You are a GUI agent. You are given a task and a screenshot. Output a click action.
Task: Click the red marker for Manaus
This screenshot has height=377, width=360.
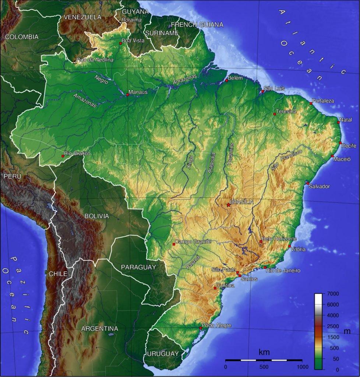[x=127, y=95]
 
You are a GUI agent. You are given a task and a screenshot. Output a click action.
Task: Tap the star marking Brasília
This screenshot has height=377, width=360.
[x=228, y=205]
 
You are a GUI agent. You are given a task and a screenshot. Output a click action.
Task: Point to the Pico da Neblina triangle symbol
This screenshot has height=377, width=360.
[x=75, y=62]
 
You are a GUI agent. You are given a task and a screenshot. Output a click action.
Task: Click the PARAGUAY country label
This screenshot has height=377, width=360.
[x=138, y=267]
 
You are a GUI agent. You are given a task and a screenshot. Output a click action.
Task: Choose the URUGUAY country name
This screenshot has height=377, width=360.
[x=163, y=354]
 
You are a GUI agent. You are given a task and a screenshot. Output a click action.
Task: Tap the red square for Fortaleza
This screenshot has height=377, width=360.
[x=311, y=103]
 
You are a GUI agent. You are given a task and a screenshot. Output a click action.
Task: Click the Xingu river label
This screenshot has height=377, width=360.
[x=189, y=162]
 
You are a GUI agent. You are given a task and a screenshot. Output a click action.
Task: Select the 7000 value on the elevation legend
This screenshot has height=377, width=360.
[x=333, y=294]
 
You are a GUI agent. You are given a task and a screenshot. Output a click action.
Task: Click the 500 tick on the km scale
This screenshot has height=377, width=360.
[x=264, y=367]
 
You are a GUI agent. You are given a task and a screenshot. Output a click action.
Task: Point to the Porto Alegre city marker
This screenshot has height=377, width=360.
[x=201, y=328]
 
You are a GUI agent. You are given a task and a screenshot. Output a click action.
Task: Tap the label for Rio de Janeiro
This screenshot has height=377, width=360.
[x=283, y=271]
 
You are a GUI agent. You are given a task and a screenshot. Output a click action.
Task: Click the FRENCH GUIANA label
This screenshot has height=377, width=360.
[x=197, y=25]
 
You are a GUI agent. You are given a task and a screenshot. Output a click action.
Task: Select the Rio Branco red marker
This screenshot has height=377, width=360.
[x=63, y=156]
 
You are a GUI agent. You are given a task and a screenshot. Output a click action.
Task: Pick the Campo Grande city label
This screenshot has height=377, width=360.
[x=193, y=242]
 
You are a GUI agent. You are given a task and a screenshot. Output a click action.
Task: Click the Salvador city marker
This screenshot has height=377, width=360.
[x=307, y=183]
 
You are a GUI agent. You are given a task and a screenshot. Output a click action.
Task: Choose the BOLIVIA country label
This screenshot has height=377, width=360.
[x=97, y=216]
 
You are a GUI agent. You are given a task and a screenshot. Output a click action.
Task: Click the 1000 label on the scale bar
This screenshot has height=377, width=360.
[x=302, y=367]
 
